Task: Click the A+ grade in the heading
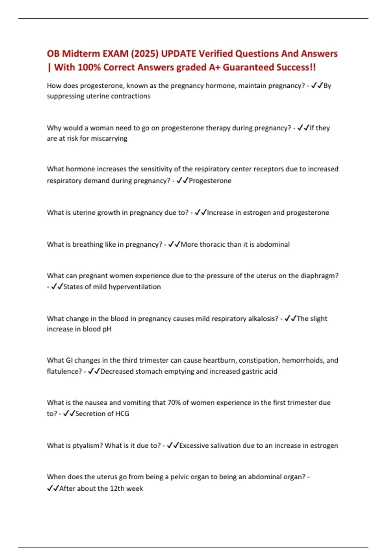point(215,67)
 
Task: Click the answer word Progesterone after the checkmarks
point(210,181)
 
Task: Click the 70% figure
point(174,403)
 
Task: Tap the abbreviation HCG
point(122,414)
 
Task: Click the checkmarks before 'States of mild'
point(57,287)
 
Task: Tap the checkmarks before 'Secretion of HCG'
point(69,414)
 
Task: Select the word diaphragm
point(319,276)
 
